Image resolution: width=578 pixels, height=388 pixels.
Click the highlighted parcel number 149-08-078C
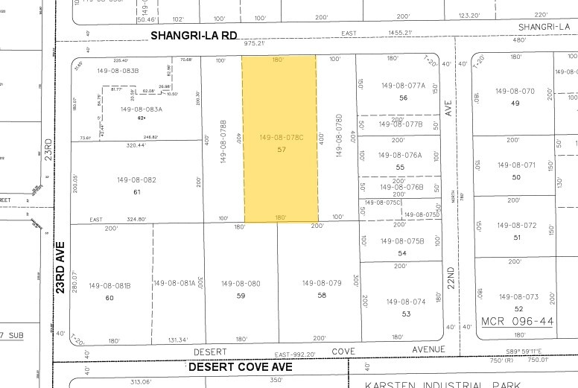pyautogui.click(x=279, y=138)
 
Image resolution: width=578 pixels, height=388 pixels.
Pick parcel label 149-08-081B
pyautogui.click(x=109, y=285)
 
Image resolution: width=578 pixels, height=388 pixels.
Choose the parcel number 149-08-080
pyautogui.click(x=240, y=284)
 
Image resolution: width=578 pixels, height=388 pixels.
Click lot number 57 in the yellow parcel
pyautogui.click(x=281, y=150)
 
